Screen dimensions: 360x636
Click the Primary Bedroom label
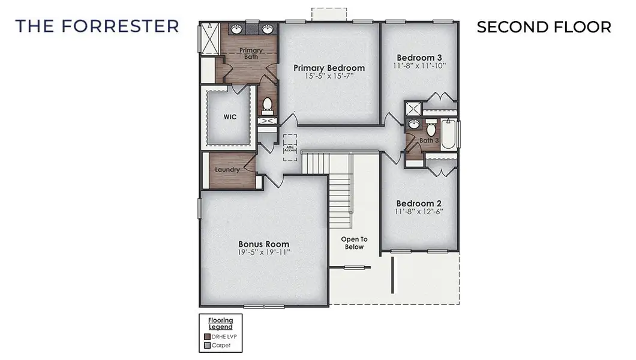[x=329, y=68]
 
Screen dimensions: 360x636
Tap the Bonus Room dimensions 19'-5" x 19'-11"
[x=264, y=253]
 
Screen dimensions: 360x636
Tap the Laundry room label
[x=227, y=170]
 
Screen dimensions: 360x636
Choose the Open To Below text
[x=354, y=243]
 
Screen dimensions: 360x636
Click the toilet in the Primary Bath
[x=268, y=106]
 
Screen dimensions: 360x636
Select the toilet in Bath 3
[x=430, y=129]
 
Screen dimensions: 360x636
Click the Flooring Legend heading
[x=220, y=323]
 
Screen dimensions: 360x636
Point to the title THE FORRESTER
[x=97, y=26]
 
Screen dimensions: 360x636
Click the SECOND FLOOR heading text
[x=544, y=27]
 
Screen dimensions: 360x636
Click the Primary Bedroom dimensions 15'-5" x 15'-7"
[x=329, y=76]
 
